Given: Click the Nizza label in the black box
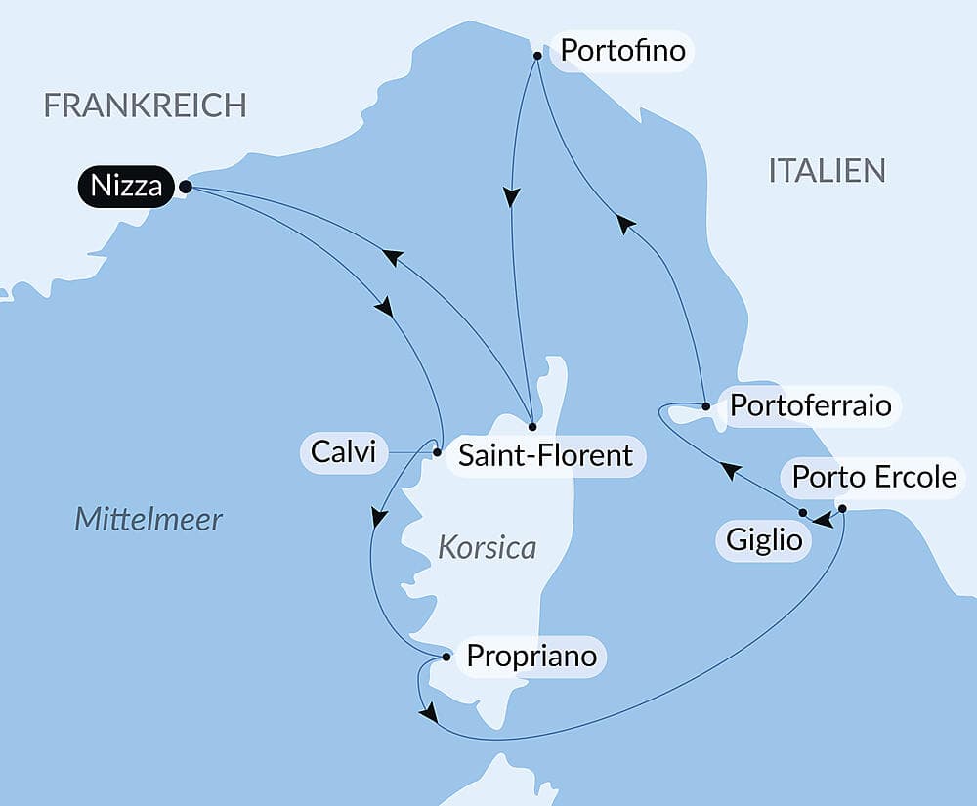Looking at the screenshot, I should tap(125, 186).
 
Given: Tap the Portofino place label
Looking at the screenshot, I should tap(621, 50).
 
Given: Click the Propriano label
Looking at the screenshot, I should tap(531, 656).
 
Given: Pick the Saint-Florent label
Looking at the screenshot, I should tap(545, 454).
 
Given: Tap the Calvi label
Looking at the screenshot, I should tap(343, 452).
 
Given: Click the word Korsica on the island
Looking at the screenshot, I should tap(488, 547).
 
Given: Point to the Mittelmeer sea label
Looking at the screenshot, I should tap(149, 519).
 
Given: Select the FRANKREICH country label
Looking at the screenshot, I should tap(146, 106).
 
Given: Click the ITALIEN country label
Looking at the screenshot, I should tap(827, 170).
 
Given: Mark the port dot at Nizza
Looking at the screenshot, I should tap(186, 186).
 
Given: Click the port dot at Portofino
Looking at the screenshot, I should tap(537, 56).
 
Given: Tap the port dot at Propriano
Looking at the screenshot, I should tap(446, 658).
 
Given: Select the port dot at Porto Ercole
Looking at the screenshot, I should tap(842, 508).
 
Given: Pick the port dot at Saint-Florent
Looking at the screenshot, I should tap(531, 427).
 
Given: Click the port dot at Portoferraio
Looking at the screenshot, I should tap(704, 405).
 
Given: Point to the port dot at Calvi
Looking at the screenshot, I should tap(437, 452).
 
